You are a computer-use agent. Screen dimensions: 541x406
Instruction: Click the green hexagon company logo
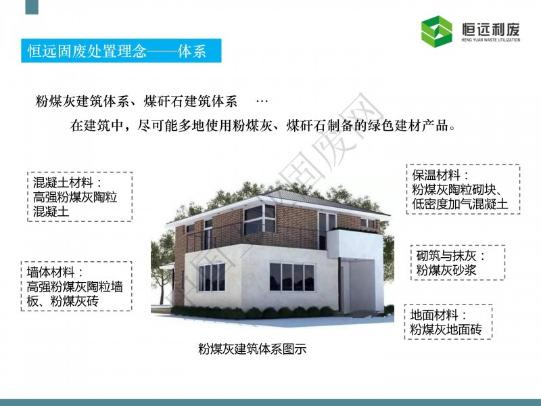coord(436,31)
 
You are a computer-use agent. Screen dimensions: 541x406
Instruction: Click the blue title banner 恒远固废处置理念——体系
coord(121,51)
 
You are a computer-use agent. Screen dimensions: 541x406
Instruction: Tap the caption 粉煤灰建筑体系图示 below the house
coord(252,349)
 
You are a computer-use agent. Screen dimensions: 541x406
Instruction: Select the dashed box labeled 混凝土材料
coord(80,196)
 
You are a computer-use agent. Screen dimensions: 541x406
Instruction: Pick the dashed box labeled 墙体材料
coord(76,286)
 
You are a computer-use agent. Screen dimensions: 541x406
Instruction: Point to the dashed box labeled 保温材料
coord(463,189)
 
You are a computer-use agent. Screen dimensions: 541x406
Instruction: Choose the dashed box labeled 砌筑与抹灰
coord(458,263)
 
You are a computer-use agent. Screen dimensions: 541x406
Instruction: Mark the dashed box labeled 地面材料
coord(448,322)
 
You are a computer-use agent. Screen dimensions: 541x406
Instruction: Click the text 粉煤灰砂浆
coord(446,270)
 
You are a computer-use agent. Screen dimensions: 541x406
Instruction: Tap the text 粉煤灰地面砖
coord(446,330)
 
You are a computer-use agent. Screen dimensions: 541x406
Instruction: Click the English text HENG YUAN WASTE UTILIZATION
coord(491,40)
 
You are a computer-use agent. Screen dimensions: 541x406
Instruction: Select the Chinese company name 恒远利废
coord(491,29)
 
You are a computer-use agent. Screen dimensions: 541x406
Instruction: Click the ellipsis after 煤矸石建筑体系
coord(262,101)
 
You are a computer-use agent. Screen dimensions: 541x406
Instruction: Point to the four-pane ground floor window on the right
coord(292,277)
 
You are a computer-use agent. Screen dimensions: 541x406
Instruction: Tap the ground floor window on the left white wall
coord(212,277)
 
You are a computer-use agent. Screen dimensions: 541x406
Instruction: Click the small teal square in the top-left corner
coord(32,7)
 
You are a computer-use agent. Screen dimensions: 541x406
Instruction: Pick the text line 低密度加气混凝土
coord(461,204)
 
